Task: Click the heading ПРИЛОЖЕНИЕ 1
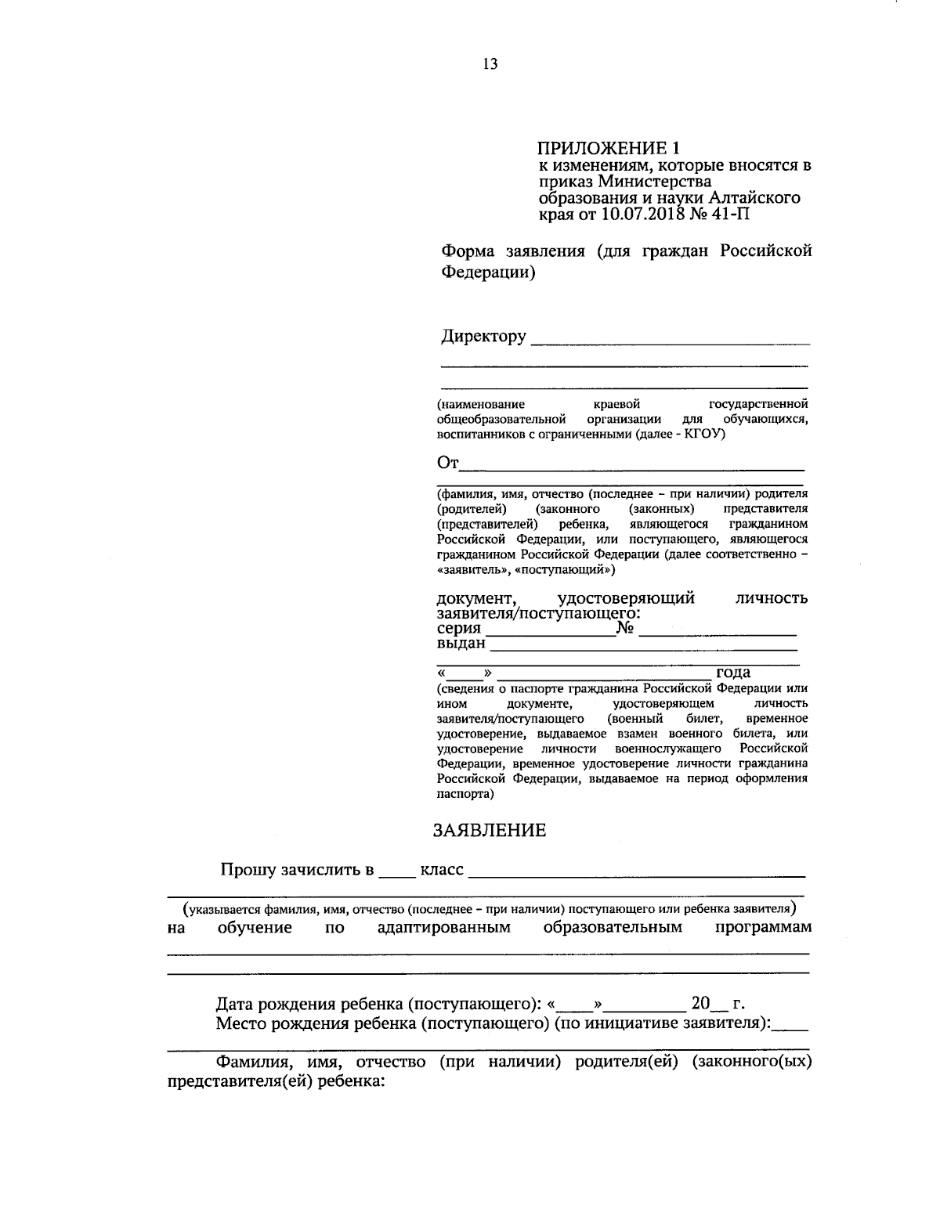click(x=608, y=148)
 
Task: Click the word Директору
click(x=483, y=337)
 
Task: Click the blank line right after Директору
click(x=670, y=341)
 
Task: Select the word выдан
click(x=461, y=644)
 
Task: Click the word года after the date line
click(x=733, y=673)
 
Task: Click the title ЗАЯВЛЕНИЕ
click(x=490, y=831)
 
